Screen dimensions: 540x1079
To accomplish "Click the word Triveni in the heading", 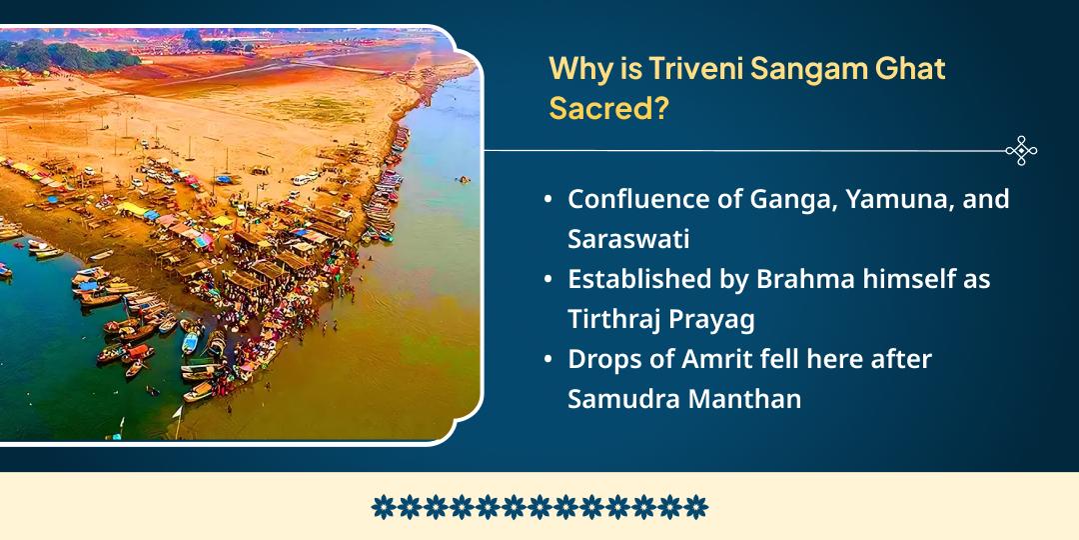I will (x=689, y=70).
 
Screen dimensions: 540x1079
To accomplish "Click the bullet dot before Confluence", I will (x=547, y=200).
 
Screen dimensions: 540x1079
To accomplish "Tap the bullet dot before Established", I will (x=547, y=280).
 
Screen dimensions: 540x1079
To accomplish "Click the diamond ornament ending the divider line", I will (x=1021, y=151).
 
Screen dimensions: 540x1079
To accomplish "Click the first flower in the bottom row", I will (x=382, y=507).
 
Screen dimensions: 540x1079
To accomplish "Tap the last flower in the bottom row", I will (x=696, y=507).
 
